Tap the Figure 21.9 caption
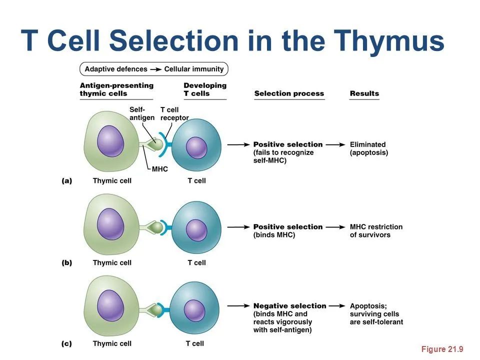click(x=442, y=349)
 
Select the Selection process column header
click(x=289, y=93)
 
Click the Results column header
click(x=364, y=93)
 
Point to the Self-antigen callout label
click(x=141, y=113)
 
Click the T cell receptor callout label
click(x=174, y=113)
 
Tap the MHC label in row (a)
click(x=160, y=169)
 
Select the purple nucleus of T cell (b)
click(x=196, y=229)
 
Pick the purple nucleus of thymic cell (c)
click(x=110, y=304)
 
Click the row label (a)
click(x=66, y=181)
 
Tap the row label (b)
click(x=66, y=262)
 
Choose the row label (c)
click(x=66, y=343)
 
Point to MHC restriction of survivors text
click(x=376, y=230)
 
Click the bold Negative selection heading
click(x=289, y=305)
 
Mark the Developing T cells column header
click(x=204, y=89)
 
